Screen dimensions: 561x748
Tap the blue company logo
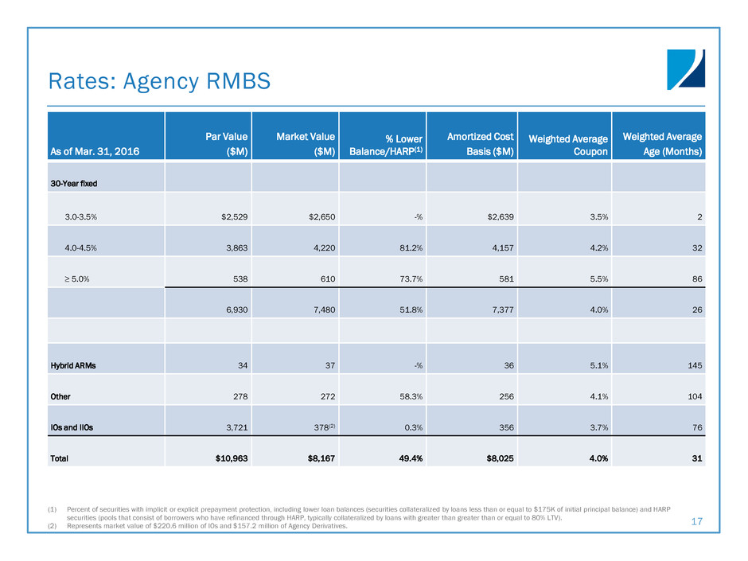(x=685, y=70)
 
